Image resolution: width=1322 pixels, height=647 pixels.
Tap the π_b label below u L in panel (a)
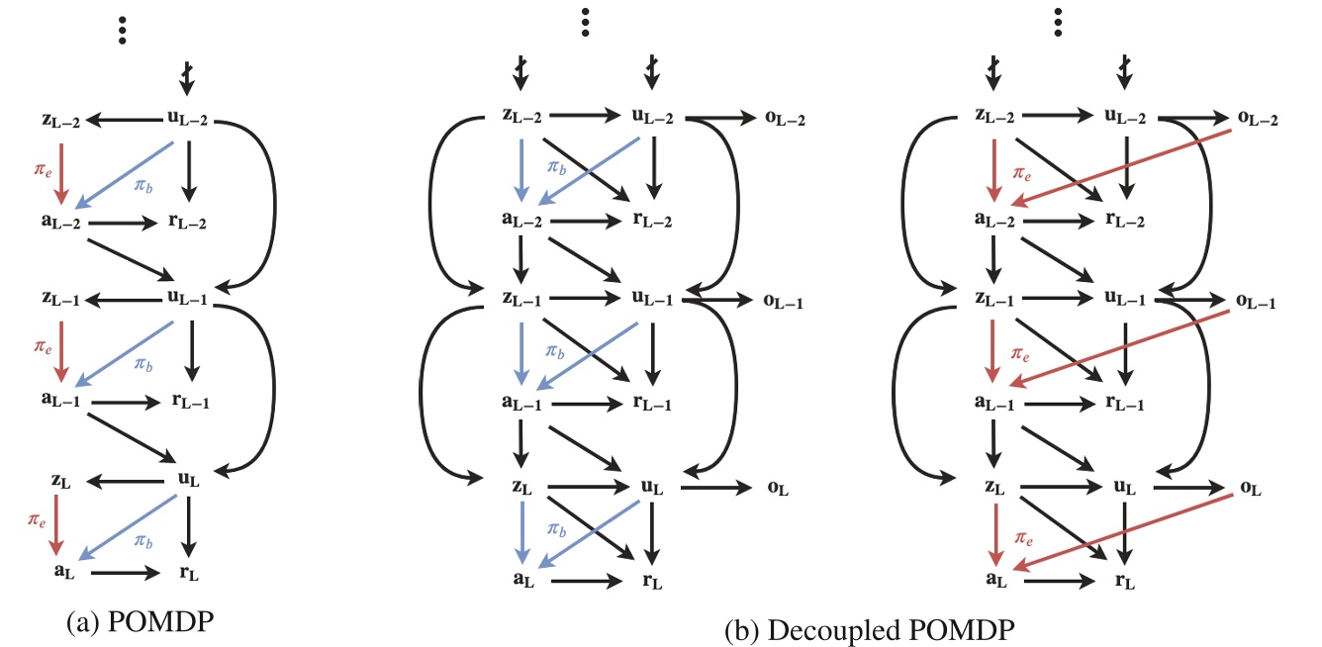pyautogui.click(x=144, y=542)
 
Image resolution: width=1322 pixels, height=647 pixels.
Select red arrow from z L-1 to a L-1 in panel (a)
pyautogui.click(x=62, y=351)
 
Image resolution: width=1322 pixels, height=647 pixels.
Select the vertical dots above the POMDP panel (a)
pyautogui.click(x=123, y=30)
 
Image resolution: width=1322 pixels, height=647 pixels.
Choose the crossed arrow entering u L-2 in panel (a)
pyautogui.click(x=186, y=74)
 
